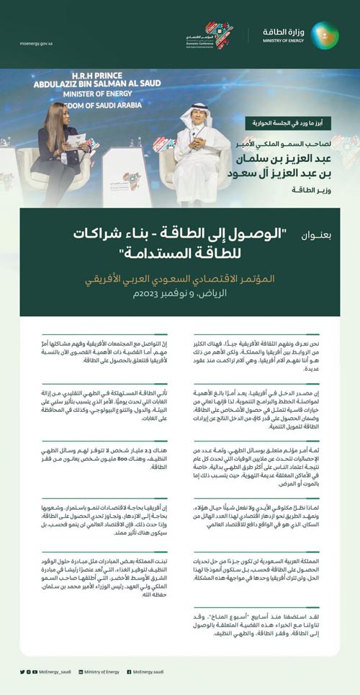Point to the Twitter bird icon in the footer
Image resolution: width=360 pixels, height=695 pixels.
coord(22,672)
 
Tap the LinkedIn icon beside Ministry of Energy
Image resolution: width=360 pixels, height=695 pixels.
coord(80,672)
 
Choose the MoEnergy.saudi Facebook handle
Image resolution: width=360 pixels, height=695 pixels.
coord(148,672)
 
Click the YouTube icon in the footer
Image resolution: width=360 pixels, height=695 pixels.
coord(35,672)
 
